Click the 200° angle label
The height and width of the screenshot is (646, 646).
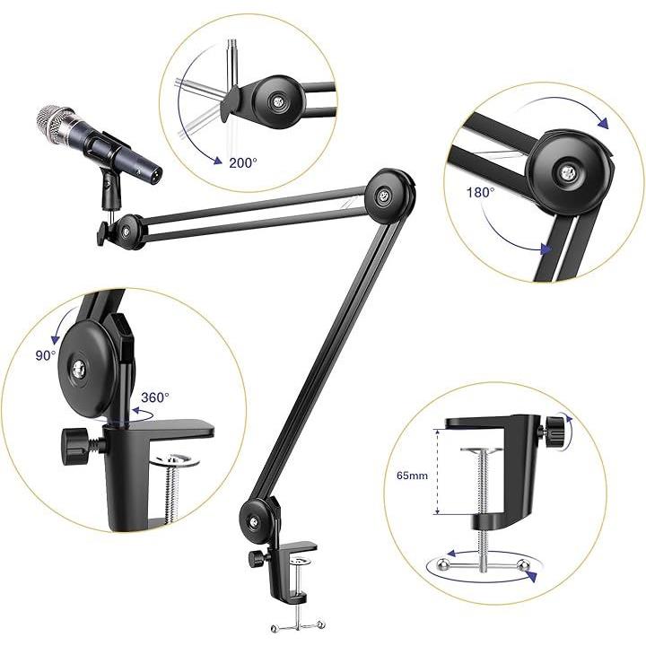tap(242, 163)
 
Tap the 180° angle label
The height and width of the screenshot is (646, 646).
tap(480, 192)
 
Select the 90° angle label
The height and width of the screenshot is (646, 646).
tap(46, 355)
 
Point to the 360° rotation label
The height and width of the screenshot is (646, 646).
tap(155, 397)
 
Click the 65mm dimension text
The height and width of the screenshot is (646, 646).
tap(413, 476)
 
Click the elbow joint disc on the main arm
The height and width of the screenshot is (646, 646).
tap(389, 196)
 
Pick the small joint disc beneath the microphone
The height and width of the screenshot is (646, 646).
tap(127, 231)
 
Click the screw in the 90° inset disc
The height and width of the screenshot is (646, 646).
tap(78, 370)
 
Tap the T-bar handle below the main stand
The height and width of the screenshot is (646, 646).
tap(298, 627)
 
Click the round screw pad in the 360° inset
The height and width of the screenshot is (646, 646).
tap(179, 460)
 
